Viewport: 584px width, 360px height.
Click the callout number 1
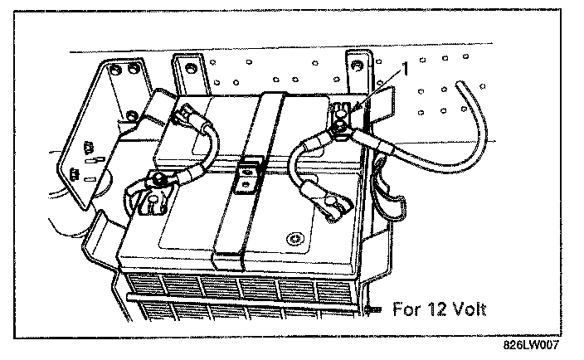pyautogui.click(x=405, y=69)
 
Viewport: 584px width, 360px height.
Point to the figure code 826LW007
pyautogui.click(x=531, y=345)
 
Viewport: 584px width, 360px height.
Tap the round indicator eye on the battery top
pyautogui.click(x=295, y=239)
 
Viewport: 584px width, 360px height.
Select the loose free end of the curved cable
pyautogui.click(x=460, y=84)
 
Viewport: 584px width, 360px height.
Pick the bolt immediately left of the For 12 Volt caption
pyautogui.click(x=372, y=309)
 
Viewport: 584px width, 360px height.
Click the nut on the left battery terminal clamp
pyautogui.click(x=158, y=181)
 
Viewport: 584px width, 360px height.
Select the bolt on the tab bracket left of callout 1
pyautogui.click(x=358, y=66)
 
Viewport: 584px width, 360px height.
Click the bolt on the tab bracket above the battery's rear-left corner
pyautogui.click(x=190, y=69)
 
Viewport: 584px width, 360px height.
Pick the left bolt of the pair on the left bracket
pyautogui.click(x=114, y=69)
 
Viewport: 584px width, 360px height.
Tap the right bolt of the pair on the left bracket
pyautogui.click(x=133, y=69)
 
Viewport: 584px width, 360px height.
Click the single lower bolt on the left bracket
pyautogui.click(x=131, y=115)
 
